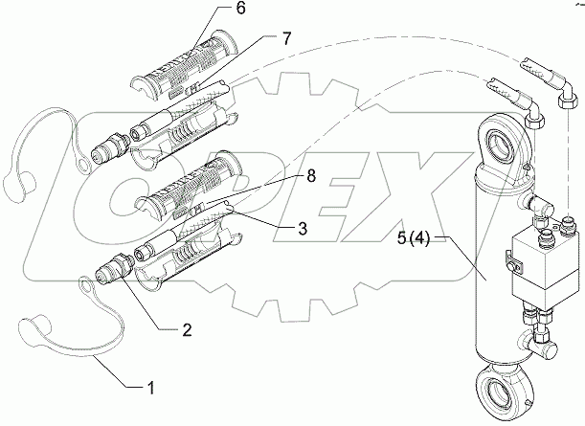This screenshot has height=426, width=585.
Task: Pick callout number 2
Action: coord(187,330)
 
